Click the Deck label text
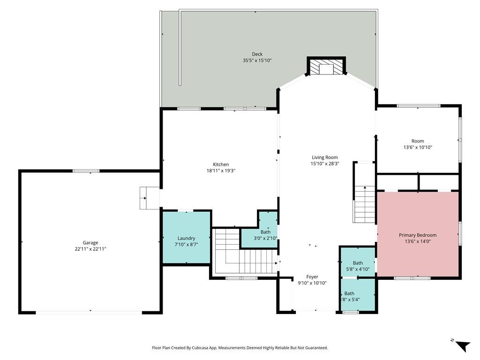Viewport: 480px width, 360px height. tap(257, 54)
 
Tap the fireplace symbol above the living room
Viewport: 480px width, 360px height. tap(326, 67)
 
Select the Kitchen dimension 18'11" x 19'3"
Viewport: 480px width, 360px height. tap(221, 171)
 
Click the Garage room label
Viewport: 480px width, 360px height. tap(90, 242)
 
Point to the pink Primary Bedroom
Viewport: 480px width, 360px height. tap(417, 235)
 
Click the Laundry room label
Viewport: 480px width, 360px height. tap(186, 238)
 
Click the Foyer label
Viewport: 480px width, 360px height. tap(312, 277)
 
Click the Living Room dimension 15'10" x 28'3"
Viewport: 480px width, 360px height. tap(325, 164)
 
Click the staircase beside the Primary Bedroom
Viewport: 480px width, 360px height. tap(364, 204)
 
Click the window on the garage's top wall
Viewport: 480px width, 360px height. tap(86, 171)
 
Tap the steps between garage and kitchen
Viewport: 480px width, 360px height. tap(150, 197)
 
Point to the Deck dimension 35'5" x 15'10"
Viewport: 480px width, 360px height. tap(257, 60)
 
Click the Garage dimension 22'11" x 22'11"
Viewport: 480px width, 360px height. tap(90, 249)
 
